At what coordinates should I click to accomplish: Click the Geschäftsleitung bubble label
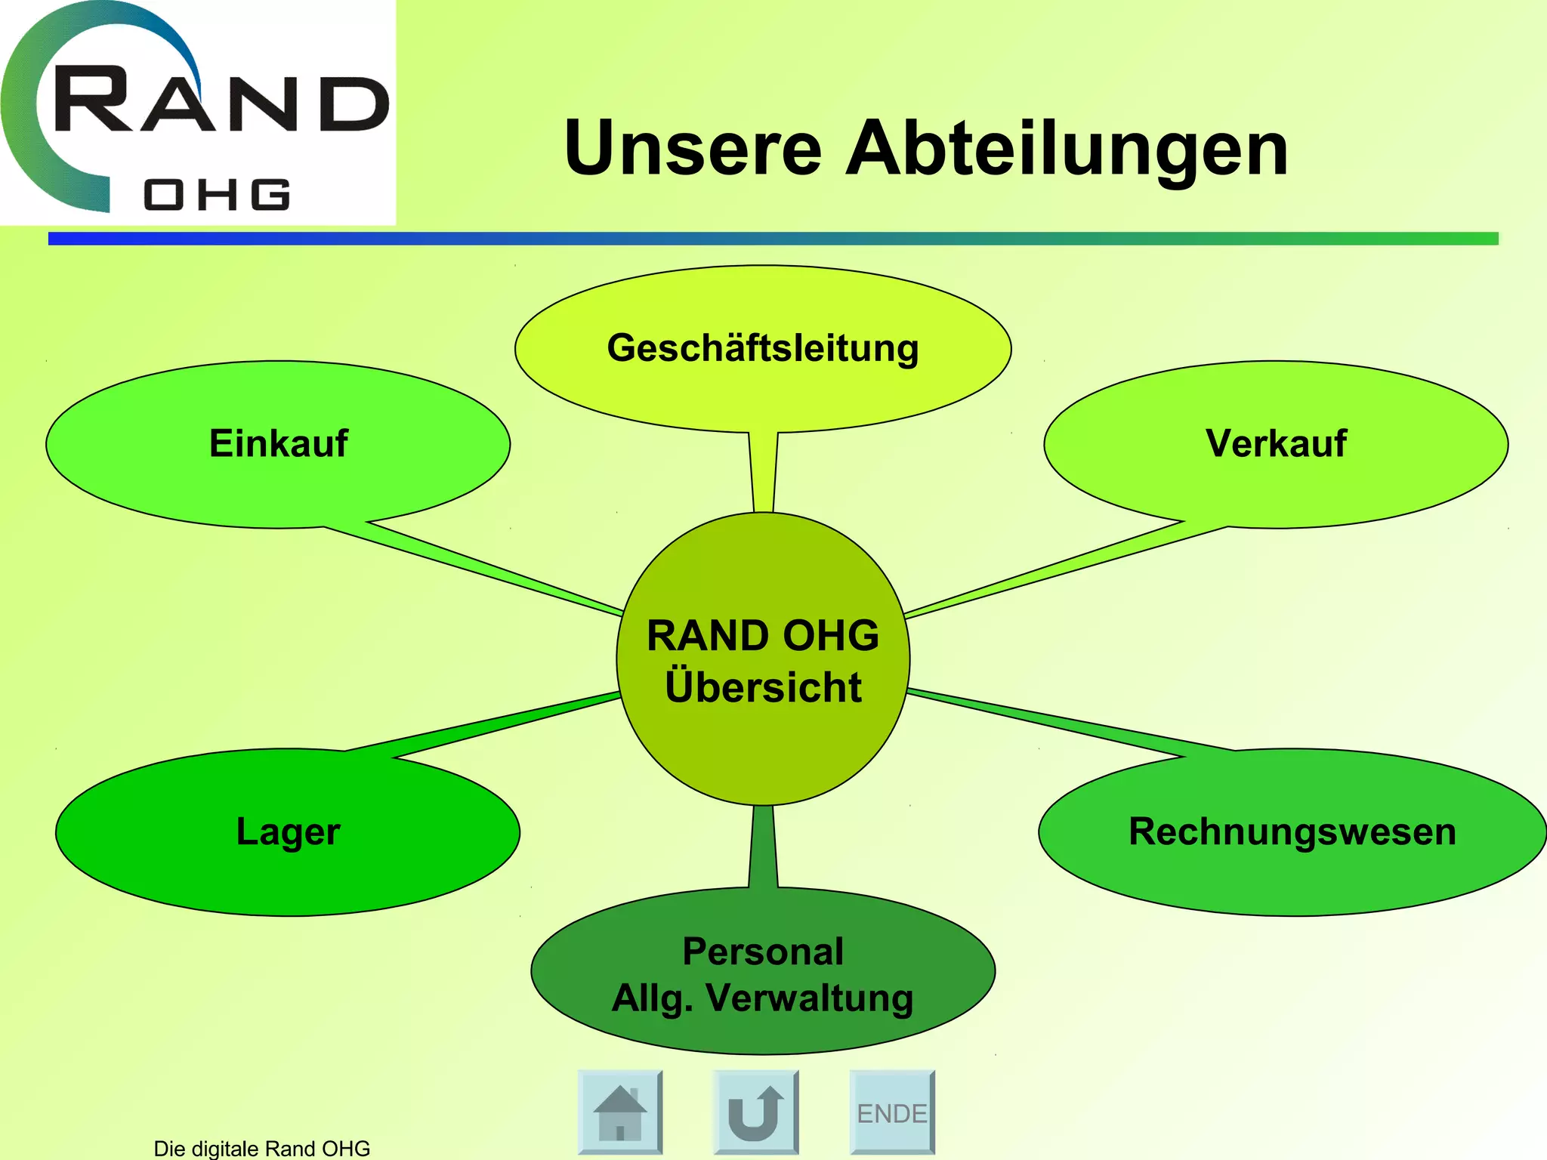point(763,349)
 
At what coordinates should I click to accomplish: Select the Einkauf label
point(278,443)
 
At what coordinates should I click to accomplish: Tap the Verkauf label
point(1276,443)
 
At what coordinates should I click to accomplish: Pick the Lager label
point(288,831)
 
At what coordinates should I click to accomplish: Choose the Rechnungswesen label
point(1292,831)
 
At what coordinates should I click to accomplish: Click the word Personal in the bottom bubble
point(763,952)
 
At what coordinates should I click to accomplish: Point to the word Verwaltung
point(809,998)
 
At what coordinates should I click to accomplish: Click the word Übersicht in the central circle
point(763,687)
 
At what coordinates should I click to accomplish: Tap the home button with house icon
point(620,1112)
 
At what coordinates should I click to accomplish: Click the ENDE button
point(892,1112)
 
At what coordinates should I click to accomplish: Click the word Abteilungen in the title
point(1066,149)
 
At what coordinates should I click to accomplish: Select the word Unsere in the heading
point(693,149)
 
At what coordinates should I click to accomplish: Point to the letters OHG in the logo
point(217,195)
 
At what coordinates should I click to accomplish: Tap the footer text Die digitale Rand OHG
point(261,1148)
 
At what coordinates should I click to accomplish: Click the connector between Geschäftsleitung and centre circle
point(763,472)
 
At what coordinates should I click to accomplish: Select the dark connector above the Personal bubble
point(763,846)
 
